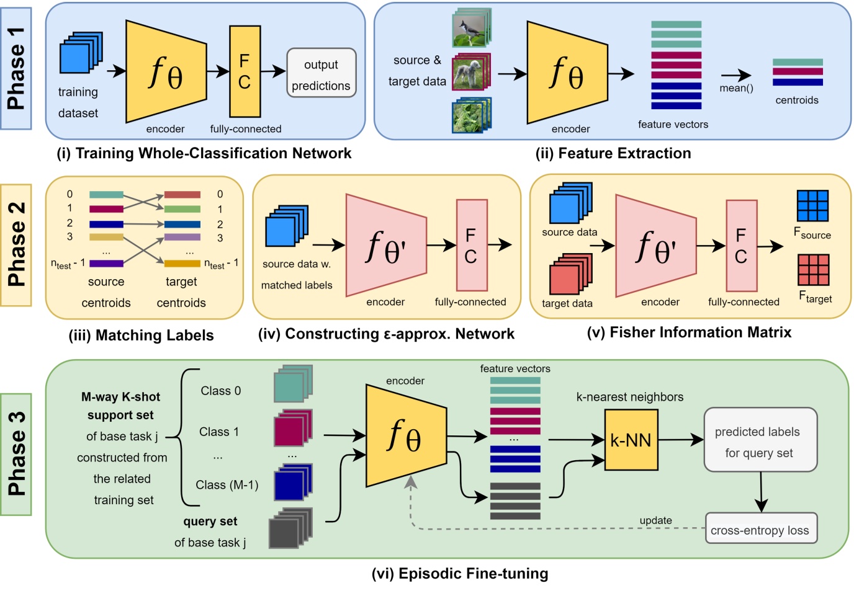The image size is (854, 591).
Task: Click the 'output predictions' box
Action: coord(321,73)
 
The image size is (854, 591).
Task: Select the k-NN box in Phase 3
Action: coord(631,440)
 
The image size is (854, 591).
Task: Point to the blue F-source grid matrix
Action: coord(812,206)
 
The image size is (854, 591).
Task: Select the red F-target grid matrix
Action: coord(813,270)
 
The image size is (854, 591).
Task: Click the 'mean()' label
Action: coord(736,88)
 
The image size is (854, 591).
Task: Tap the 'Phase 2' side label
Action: coord(17,244)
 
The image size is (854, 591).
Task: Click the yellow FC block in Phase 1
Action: coord(245,71)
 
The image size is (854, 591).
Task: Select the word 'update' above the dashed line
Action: coord(655,520)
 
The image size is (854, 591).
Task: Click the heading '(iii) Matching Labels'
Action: coord(141,335)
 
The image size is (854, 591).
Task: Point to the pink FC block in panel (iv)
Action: coord(471,245)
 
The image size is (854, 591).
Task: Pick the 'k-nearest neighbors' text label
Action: coord(629,397)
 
